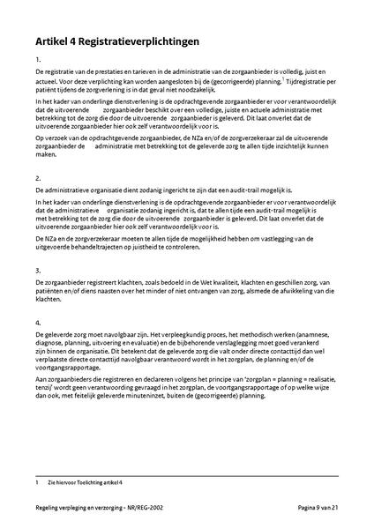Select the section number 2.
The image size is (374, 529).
pyautogui.click(x=38, y=178)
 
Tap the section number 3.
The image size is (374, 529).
pyautogui.click(x=38, y=270)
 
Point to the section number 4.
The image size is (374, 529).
pyautogui.click(x=38, y=323)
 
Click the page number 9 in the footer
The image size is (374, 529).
pyautogui.click(x=316, y=509)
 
